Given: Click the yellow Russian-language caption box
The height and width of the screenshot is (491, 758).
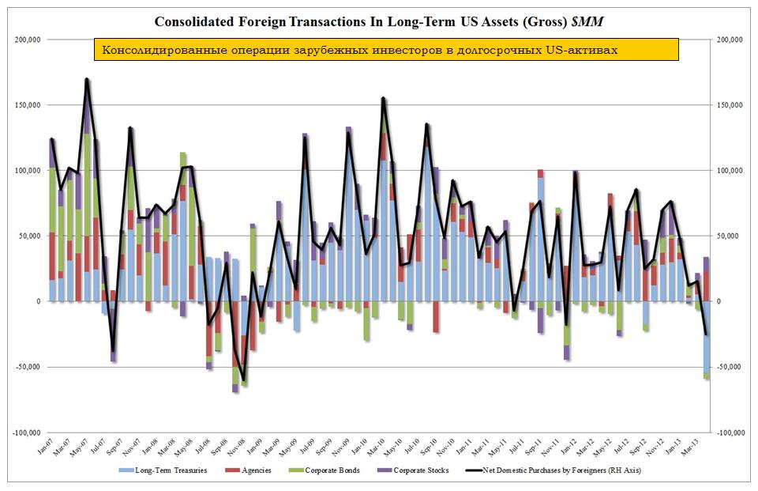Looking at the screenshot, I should coord(386,50).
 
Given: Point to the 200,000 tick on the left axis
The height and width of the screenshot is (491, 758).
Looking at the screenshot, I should coord(29,40).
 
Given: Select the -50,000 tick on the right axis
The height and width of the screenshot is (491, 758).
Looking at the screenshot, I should coord(728,367).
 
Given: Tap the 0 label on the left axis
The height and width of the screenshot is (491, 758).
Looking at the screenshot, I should coord(38,301).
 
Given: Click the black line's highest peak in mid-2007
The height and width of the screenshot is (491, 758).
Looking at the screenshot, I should coord(87,79).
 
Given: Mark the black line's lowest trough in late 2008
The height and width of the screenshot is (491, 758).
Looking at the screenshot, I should coord(244,381).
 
